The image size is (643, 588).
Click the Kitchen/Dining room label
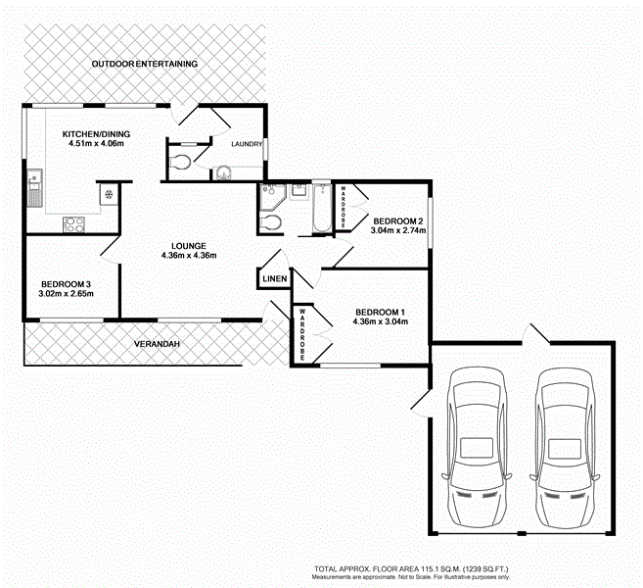(96, 134)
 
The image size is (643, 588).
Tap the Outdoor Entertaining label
(145, 64)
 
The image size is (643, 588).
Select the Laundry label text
(247, 145)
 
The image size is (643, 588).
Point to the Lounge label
(188, 245)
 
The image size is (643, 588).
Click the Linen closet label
(275, 279)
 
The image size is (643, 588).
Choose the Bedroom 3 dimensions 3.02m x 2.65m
(67, 294)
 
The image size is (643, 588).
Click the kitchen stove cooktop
(75, 223)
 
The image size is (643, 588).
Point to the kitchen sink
(34, 187)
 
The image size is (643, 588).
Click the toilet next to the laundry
(179, 164)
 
